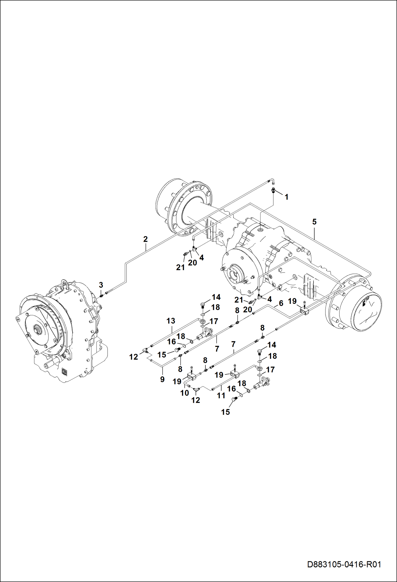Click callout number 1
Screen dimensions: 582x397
pos(286,197)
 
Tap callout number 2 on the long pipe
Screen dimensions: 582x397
pos(145,239)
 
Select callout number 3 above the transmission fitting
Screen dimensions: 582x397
pos(101,285)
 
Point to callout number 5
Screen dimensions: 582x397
pos(314,222)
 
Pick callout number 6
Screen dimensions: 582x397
pos(281,303)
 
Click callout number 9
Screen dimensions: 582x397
pos(162,379)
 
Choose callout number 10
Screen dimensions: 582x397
pos(184,393)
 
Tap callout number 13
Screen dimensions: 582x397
pos(171,321)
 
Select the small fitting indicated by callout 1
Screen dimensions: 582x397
pos(274,190)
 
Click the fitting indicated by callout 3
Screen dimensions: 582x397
pos(101,295)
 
